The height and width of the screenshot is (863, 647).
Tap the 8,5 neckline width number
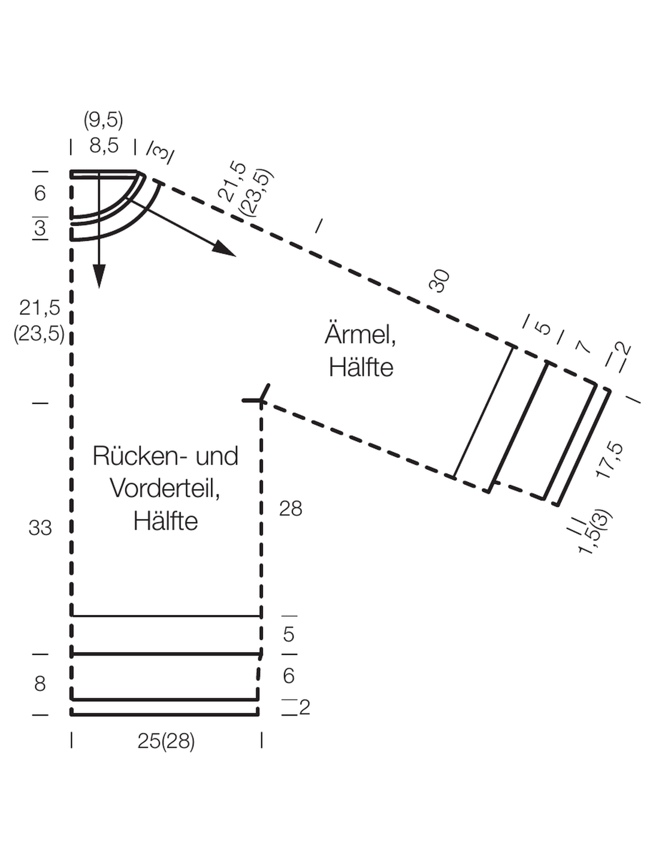point(104,146)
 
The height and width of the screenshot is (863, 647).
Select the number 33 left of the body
point(40,527)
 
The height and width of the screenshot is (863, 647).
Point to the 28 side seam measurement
point(291,508)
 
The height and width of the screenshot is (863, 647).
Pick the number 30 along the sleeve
point(439,280)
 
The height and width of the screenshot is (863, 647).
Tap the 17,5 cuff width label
point(609,460)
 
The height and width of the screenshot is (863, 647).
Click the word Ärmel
point(360,334)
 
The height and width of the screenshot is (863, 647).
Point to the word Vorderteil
point(165,488)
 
